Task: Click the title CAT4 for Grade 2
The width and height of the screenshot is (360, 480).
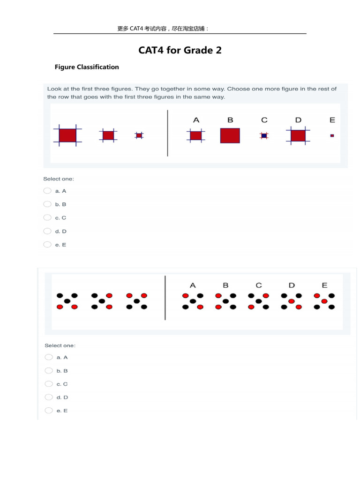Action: tap(180, 50)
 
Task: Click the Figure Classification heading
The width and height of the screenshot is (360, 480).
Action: tap(87, 67)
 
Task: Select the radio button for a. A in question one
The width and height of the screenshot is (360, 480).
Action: tap(47, 191)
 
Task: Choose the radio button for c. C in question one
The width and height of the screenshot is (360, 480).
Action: tap(47, 217)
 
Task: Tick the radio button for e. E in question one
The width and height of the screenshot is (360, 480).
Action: tap(47, 244)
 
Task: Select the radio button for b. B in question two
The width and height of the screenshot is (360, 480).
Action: tap(49, 370)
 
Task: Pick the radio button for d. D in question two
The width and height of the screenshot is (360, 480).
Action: tap(49, 397)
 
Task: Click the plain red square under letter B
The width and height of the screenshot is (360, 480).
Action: tap(230, 135)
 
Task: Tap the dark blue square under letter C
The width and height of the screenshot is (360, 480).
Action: tap(264, 135)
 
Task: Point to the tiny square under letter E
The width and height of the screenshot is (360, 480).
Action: tap(332, 135)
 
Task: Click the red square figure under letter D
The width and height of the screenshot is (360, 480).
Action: tap(298, 135)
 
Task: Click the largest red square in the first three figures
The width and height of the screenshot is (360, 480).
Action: tap(67, 135)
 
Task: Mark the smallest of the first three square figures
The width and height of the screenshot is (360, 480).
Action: tap(139, 135)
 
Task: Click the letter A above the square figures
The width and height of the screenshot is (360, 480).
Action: tap(196, 120)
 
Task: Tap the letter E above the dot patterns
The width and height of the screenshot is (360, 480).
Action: tap(324, 285)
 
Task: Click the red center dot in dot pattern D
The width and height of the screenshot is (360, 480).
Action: tap(292, 301)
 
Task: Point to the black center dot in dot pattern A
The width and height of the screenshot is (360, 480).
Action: tap(193, 301)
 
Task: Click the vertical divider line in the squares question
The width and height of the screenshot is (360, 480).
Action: tap(167, 133)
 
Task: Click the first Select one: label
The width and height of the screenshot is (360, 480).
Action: tap(59, 179)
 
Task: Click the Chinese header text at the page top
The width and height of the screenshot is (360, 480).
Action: tap(163, 29)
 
